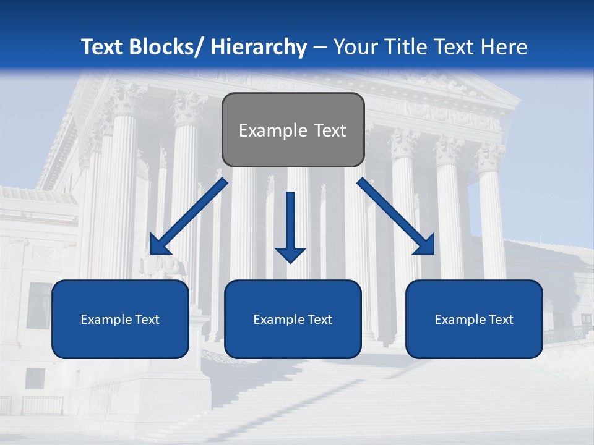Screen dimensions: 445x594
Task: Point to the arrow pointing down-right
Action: point(396,216)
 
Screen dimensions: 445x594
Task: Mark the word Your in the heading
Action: point(355,47)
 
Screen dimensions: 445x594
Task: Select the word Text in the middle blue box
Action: point(319,320)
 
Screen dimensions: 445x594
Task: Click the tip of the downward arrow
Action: point(291,262)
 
